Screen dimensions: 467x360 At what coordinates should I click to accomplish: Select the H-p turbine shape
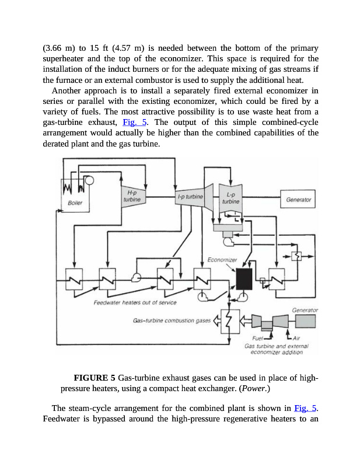tap(131, 196)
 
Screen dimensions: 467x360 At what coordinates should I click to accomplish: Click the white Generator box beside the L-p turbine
tap(298, 199)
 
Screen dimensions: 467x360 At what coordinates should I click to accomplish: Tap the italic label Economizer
tap(222, 259)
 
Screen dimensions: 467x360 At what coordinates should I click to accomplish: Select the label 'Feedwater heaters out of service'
tap(135, 302)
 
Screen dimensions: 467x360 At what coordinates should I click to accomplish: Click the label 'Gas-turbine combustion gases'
tap(171, 320)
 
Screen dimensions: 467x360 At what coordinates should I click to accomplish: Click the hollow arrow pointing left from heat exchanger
tap(216, 320)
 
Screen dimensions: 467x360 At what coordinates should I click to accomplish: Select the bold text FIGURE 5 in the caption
tap(95, 377)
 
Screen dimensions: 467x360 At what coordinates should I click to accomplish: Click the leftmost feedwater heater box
tap(75, 280)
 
